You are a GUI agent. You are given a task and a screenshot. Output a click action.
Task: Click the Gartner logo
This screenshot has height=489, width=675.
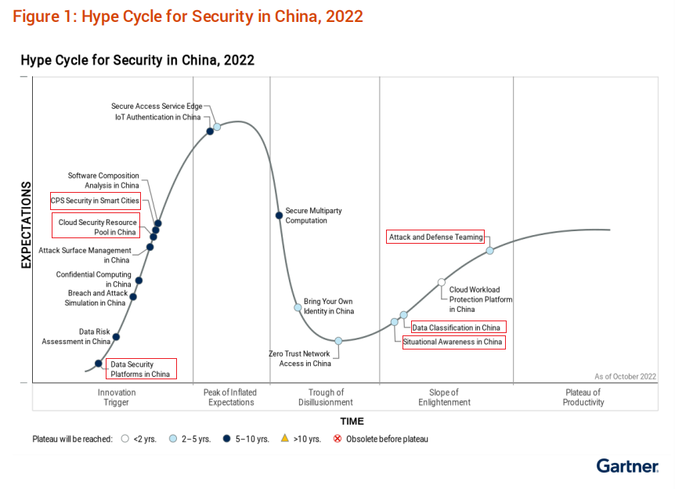pos(626,466)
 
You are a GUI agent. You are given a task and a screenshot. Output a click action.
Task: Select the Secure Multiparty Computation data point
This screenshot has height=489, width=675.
pos(279,216)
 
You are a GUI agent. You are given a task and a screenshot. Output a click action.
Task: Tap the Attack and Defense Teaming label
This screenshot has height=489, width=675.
pos(436,237)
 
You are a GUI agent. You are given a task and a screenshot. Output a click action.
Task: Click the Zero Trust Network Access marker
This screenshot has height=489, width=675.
pos(338,341)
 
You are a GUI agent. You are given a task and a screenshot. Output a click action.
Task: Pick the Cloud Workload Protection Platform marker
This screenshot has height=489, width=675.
pos(442,282)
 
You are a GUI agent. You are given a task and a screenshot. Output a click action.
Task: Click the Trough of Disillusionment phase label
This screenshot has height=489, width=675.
pos(326,397)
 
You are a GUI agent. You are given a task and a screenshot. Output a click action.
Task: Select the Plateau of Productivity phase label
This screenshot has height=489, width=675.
pos(583,397)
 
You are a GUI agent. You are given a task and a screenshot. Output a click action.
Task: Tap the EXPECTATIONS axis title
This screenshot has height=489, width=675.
pos(26,225)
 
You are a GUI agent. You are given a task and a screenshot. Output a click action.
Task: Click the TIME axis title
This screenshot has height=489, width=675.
pos(352,422)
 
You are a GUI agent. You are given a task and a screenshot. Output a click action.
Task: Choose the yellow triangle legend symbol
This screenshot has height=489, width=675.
pos(285,439)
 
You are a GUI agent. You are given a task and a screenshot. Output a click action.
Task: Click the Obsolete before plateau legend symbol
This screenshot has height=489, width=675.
pos(337,439)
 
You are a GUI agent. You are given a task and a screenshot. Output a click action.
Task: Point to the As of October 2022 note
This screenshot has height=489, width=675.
pos(625,376)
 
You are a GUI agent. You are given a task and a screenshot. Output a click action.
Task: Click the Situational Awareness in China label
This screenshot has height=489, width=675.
pos(453,342)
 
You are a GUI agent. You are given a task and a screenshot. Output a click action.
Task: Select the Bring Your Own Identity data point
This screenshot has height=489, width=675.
pos(298,307)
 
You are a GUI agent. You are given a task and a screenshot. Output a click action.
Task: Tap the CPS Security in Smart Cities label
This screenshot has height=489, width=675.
pos(95,201)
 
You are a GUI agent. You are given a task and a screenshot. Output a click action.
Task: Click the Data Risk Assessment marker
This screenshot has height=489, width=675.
pos(116,337)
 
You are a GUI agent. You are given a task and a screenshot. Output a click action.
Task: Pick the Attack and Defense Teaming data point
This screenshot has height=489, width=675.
pos(489,251)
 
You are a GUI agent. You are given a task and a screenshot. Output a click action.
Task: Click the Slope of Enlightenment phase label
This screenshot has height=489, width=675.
pos(444,397)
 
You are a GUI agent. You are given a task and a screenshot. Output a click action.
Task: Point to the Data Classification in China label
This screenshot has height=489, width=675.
pos(456,328)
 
